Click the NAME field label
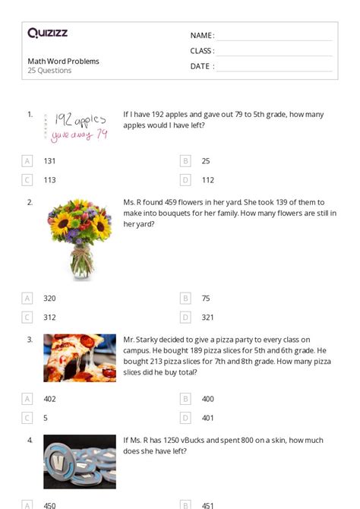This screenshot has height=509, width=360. (x=201, y=36)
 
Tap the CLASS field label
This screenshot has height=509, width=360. (x=202, y=51)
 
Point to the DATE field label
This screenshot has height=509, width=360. (x=201, y=66)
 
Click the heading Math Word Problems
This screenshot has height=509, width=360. (x=64, y=62)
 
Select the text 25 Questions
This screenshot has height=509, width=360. (x=49, y=71)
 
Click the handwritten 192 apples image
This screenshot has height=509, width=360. (x=79, y=127)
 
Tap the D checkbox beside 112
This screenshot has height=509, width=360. (x=185, y=180)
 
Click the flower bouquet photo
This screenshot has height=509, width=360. (x=79, y=239)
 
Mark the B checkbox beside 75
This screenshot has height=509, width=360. (x=185, y=299)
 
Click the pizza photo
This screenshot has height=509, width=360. (x=79, y=358)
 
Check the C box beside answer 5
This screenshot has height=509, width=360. (x=27, y=418)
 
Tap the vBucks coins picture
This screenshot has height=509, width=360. (x=79, y=460)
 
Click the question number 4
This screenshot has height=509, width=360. (x=30, y=440)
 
